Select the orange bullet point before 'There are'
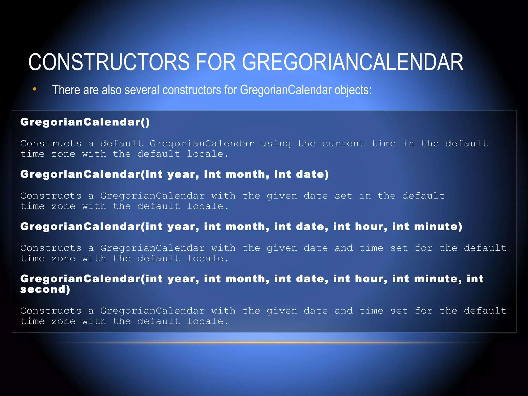coord(35,89)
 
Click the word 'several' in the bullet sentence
coord(142,90)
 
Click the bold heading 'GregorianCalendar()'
coord(85,122)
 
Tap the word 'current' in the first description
coord(343,143)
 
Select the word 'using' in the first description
coord(276,143)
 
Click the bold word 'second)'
coord(45,290)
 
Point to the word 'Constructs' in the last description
coord(51,311)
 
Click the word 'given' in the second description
coord(282,196)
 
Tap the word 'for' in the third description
coord(424,248)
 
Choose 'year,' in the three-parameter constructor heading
coord(183,174)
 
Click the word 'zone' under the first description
coord(63,154)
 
